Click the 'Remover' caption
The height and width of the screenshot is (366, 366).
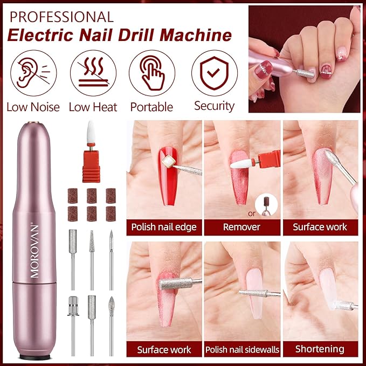pos(242,226)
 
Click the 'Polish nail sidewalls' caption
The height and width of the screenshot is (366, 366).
pos(242,349)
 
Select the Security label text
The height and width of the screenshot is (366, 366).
pos(214,106)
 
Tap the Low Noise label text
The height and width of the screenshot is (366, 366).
pos(33,107)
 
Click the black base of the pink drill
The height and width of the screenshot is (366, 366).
pos(35,357)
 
